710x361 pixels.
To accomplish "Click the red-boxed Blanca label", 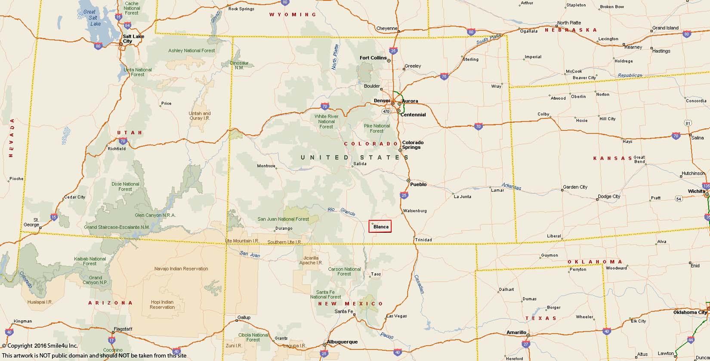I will [380, 226].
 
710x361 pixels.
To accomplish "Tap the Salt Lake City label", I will [133, 39].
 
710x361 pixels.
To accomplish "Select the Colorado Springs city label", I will [413, 145].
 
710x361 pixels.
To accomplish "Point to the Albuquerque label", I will [342, 342].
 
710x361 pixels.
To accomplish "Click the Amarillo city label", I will [516, 332].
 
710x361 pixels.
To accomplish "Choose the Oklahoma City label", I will [690, 312].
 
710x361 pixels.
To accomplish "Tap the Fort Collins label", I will [373, 58].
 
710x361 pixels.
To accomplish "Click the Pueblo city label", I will [418, 184].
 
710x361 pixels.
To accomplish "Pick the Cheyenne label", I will [386, 28].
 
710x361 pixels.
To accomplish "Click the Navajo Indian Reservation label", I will [181, 268].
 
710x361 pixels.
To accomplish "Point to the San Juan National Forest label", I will [283, 219].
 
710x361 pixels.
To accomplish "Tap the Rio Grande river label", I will [341, 211].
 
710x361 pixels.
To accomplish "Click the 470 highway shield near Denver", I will [386, 111].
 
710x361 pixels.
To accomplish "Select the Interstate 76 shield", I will [444, 77].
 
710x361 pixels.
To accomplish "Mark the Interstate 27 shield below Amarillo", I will [525, 344].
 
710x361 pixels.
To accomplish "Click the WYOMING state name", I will [293, 15].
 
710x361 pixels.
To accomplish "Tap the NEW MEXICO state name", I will [350, 304].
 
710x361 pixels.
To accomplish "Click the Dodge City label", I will [609, 197].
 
